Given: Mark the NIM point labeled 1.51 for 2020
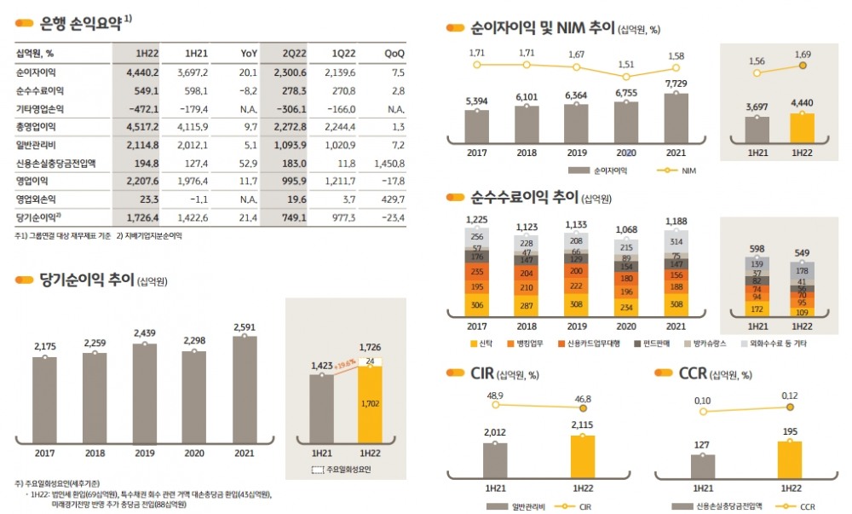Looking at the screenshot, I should click(627, 75).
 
